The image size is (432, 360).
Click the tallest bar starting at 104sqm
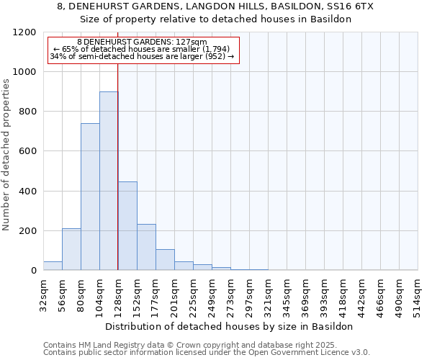click(x=109, y=181)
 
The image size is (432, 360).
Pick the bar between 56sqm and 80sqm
click(x=71, y=249)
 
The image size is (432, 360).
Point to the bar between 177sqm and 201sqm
click(x=165, y=260)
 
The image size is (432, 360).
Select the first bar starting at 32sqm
click(x=53, y=266)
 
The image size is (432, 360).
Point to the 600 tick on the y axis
click(x=27, y=151)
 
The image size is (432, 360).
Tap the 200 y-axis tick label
click(x=27, y=231)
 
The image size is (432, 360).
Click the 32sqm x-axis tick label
click(x=43, y=294)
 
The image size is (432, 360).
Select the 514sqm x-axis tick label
click(x=418, y=294)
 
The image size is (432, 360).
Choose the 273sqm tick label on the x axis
click(x=230, y=294)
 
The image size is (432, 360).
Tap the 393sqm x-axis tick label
click(x=324, y=294)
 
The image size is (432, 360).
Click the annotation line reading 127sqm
click(x=142, y=42)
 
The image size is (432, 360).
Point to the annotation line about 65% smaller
click(x=142, y=49)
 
